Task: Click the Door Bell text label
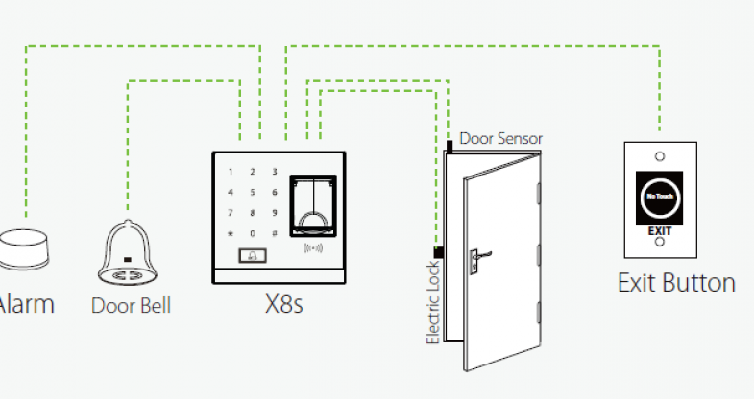tap(131, 306)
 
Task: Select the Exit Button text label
tap(676, 284)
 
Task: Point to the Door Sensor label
tap(499, 139)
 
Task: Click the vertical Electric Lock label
tap(433, 302)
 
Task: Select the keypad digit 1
tap(230, 173)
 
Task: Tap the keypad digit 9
tap(275, 213)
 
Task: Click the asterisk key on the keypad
tap(230, 233)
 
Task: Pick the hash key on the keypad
tap(275, 233)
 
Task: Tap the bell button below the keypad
tap(253, 255)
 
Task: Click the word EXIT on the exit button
tap(659, 230)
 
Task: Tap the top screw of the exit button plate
tap(659, 155)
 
